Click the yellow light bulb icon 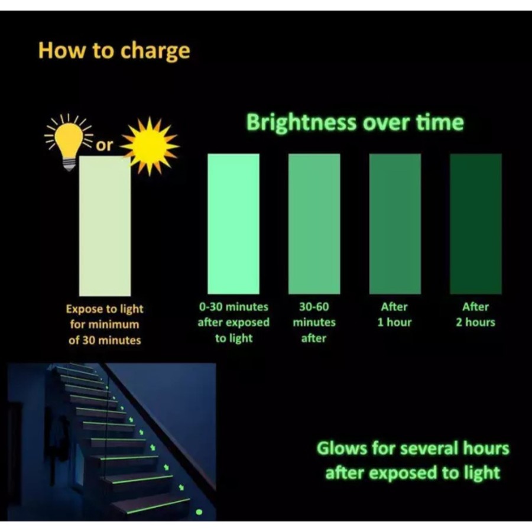point(69,142)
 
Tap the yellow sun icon point(150,146)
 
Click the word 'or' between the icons point(104,145)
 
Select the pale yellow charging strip point(105,226)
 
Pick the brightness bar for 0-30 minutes point(233,224)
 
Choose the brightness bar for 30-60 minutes point(314,224)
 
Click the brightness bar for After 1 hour point(395,224)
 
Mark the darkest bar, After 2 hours point(476,224)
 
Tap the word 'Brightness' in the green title point(301,122)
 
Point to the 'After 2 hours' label point(476,314)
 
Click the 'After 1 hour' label point(395,314)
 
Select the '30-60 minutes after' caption point(314,322)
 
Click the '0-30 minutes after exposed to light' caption point(233,322)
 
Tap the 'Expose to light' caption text point(105,309)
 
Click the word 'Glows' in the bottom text point(342,448)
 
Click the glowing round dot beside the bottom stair point(199,512)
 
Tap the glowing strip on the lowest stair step point(158,505)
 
